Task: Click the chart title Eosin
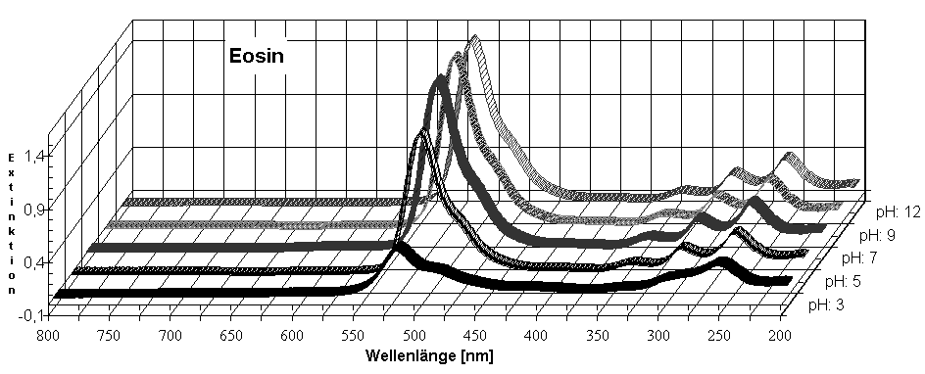tap(256, 56)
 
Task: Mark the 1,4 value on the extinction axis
tap(27, 155)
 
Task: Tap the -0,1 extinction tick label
tap(25, 314)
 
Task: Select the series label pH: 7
tap(858, 259)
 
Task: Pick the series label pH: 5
tap(839, 283)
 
